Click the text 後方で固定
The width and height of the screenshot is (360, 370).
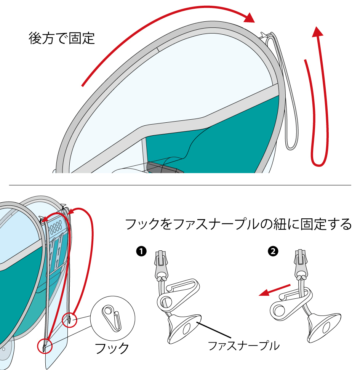61,38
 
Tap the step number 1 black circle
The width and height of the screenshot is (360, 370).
141,251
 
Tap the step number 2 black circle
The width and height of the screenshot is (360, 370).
273,251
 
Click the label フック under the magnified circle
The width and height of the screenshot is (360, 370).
111,348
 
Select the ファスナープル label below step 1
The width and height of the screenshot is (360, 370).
243,346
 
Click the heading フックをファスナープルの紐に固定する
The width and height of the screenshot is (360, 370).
238,224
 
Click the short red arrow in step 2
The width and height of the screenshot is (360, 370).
274,289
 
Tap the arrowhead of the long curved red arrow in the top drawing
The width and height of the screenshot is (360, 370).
250,18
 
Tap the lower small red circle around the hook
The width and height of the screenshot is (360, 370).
45,346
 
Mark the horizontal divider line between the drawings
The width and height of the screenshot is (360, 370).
180,185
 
